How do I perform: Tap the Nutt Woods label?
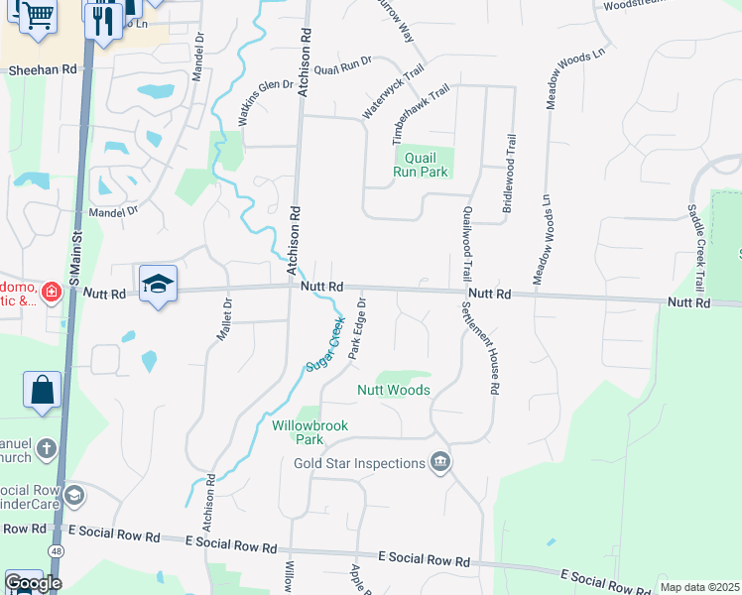(x=394, y=390)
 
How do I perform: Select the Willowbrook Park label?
(x=299, y=432)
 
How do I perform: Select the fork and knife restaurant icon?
(x=102, y=18)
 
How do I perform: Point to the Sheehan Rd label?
(x=43, y=70)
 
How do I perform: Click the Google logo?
(x=33, y=583)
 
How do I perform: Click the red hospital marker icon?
(x=51, y=293)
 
